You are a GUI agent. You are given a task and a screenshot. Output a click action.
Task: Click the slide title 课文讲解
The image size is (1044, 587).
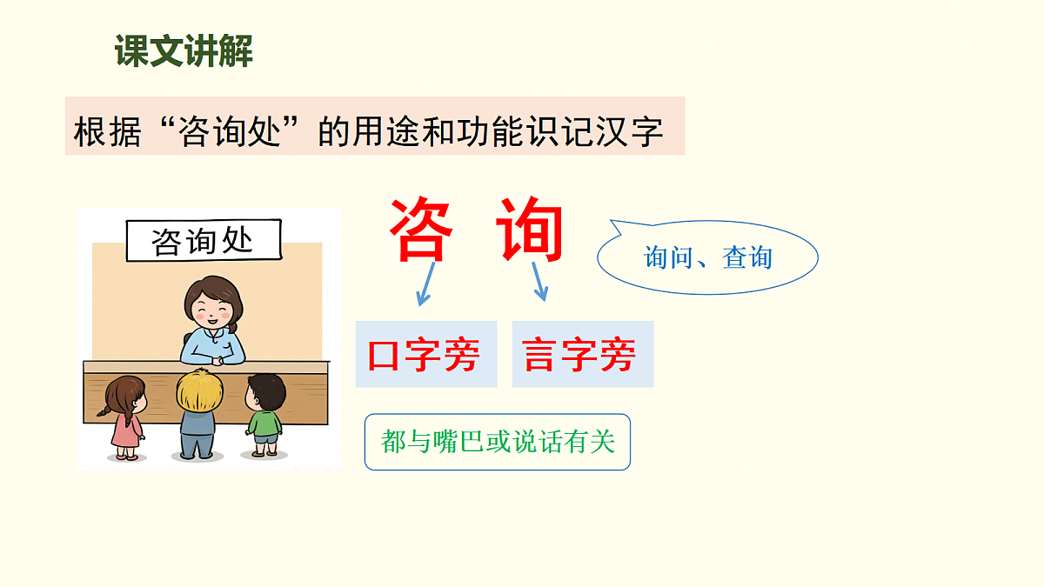pyautogui.click(x=184, y=52)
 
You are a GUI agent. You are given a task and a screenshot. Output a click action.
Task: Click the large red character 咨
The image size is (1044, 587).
pyautogui.click(x=421, y=230)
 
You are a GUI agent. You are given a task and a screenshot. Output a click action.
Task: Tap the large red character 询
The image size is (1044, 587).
pyautogui.click(x=531, y=230)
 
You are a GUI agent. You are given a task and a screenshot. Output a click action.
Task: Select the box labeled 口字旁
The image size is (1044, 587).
pyautogui.click(x=425, y=354)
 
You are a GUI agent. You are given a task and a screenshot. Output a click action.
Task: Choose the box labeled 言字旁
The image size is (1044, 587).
pyautogui.click(x=582, y=354)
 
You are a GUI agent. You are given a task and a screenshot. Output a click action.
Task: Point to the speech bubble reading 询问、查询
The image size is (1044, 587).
pyautogui.click(x=707, y=258)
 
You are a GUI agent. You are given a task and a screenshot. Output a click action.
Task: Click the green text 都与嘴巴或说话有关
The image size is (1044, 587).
pyautogui.click(x=498, y=442)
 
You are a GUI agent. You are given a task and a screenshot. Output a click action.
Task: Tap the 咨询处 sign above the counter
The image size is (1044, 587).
pyautogui.click(x=204, y=241)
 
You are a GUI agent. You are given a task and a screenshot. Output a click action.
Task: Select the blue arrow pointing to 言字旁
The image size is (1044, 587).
pyautogui.click(x=539, y=281)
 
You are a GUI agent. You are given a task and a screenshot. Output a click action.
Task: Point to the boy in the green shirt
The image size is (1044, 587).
pyautogui.click(x=264, y=415)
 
